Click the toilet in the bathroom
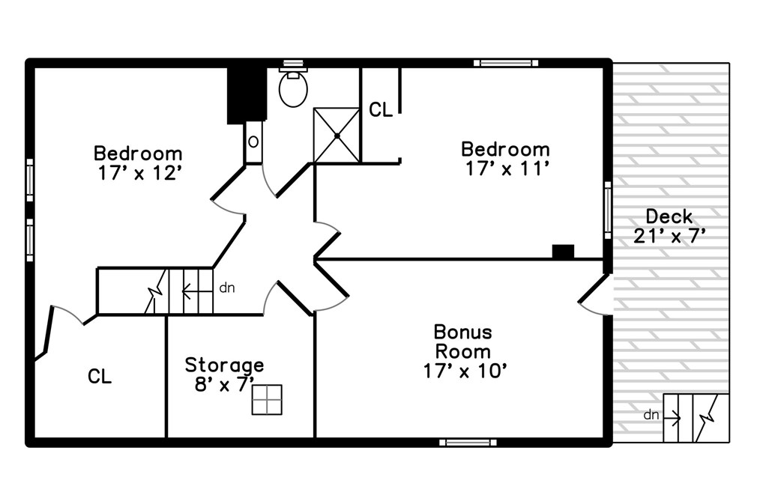[x=293, y=88]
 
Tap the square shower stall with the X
[x=337, y=136]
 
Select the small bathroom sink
[x=254, y=142]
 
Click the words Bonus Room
[x=463, y=341]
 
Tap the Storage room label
[x=224, y=365]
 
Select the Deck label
[x=669, y=216]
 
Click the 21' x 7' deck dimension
[x=669, y=236]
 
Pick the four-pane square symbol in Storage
[x=267, y=399]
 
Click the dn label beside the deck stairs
[x=651, y=414]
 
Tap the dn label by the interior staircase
[x=226, y=287]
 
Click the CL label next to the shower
[x=380, y=110]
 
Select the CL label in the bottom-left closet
[x=100, y=377]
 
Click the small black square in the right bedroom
[x=562, y=252]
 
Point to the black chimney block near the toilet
[x=245, y=94]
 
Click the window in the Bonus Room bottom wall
[x=467, y=443]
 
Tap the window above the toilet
[x=292, y=64]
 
